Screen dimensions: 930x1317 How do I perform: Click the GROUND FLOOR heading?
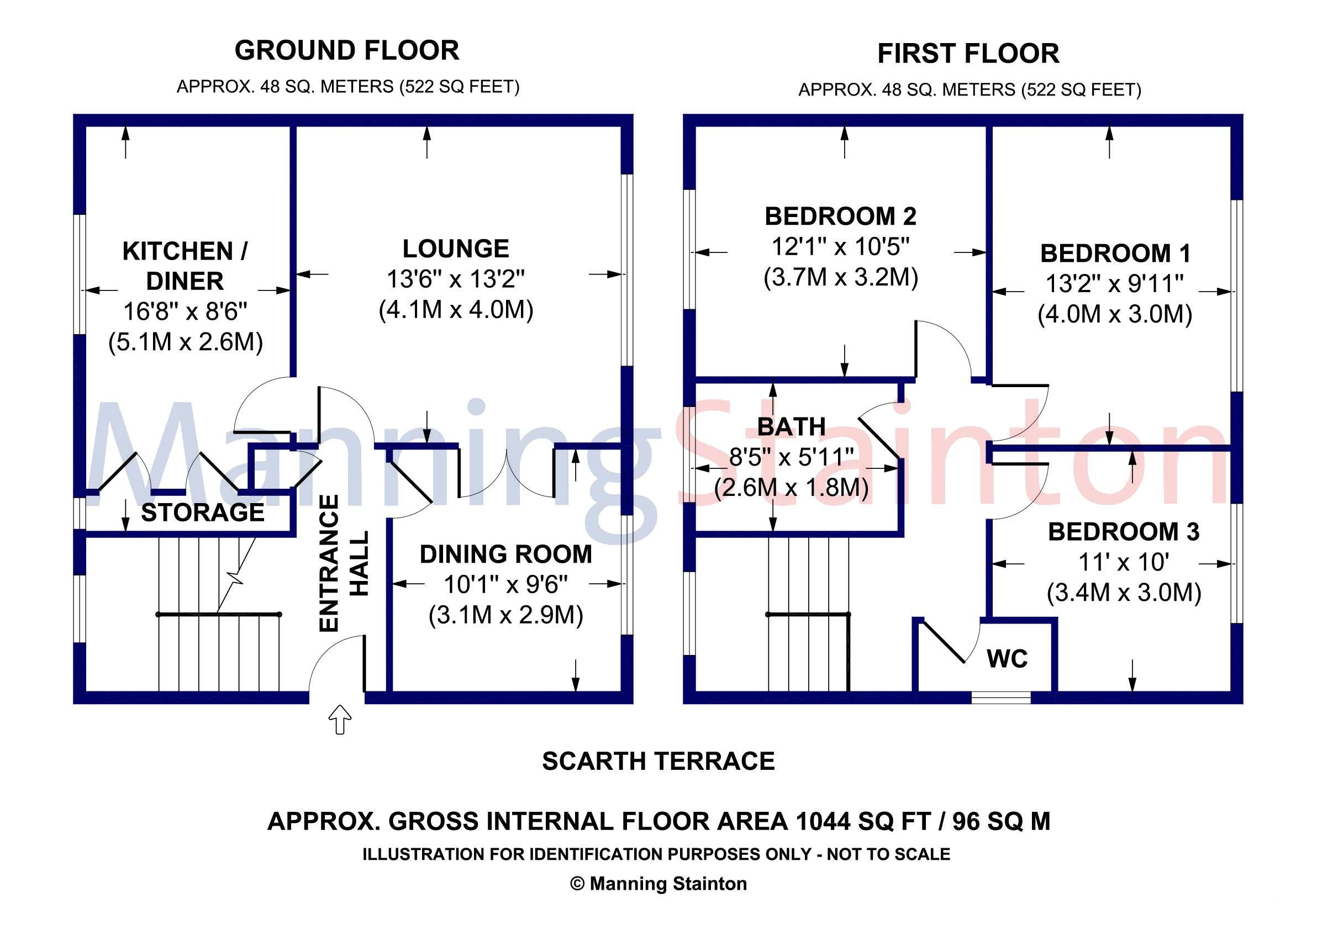click(x=346, y=50)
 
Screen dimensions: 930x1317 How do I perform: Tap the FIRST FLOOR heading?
click(x=968, y=54)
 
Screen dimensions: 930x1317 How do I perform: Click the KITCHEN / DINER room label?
click(x=185, y=266)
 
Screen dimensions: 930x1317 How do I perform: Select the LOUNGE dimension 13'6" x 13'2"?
click(x=455, y=279)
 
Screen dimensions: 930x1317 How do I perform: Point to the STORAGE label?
click(x=203, y=512)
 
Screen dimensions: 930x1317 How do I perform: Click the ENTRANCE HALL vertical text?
click(x=343, y=563)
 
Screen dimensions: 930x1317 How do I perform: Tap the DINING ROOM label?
click(x=505, y=554)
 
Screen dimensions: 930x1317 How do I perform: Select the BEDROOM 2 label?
click(x=840, y=216)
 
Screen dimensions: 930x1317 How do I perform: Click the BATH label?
click(x=791, y=426)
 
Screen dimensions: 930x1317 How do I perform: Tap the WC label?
click(x=1007, y=659)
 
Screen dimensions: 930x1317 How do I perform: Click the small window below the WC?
click(x=1000, y=698)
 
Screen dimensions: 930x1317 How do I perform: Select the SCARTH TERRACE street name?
click(x=658, y=762)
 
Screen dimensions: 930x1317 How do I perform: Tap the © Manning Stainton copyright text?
click(x=658, y=884)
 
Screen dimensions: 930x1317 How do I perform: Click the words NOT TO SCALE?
click(x=888, y=854)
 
